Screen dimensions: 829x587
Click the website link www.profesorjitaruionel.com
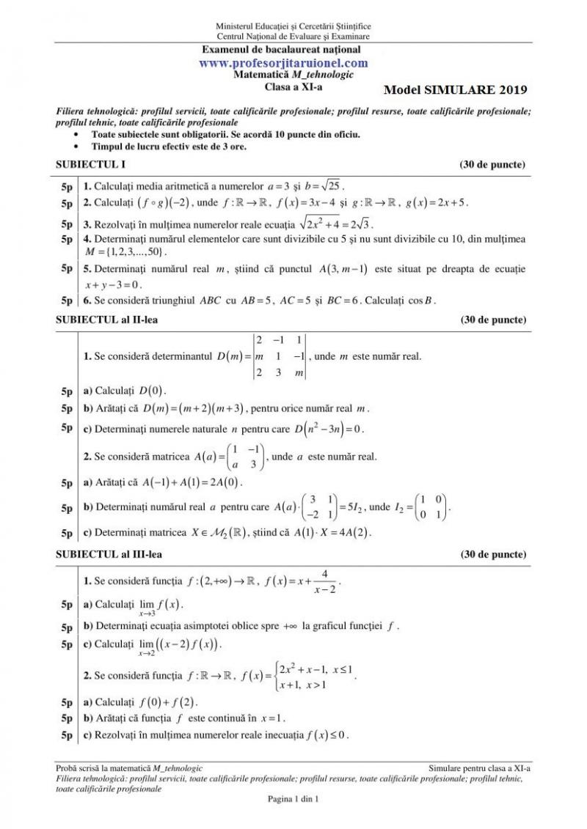click(x=293, y=63)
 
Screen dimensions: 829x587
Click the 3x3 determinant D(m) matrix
click(x=279, y=356)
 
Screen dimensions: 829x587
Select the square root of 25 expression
click(x=329, y=185)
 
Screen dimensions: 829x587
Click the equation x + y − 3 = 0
click(x=114, y=285)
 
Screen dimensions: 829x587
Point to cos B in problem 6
click(x=421, y=301)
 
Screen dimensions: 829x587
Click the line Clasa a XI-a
click(x=293, y=85)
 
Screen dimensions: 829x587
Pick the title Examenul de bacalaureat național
click(x=293, y=50)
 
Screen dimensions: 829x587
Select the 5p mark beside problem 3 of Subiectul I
click(x=67, y=224)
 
